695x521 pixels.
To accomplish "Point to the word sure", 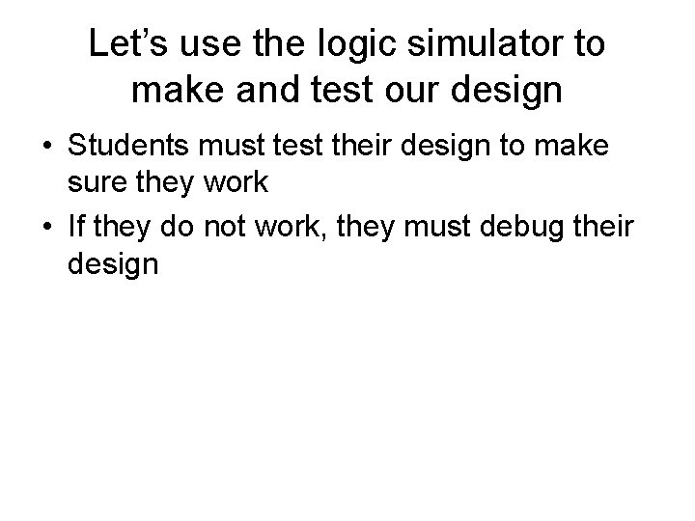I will pos(93,189).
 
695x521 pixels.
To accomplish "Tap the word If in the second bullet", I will pos(76,227).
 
